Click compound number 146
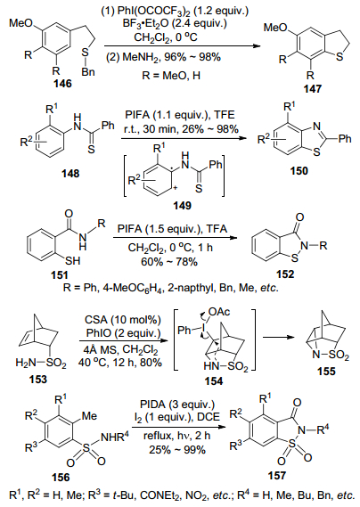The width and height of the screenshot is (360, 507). (62, 84)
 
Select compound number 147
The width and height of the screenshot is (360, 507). (313, 88)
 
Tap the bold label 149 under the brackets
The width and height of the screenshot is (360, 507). (182, 205)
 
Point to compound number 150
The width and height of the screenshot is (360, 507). (299, 170)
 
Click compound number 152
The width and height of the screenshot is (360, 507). (285, 274)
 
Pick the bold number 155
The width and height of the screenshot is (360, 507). (326, 371)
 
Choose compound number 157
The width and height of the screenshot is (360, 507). (277, 475)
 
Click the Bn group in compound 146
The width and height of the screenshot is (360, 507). (88, 71)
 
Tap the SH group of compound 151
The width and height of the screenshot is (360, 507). (72, 260)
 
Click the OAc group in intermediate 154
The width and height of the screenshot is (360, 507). (219, 311)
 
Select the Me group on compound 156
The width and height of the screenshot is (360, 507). (89, 415)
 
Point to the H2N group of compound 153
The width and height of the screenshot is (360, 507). (25, 364)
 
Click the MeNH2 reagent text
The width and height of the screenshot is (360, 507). (141, 57)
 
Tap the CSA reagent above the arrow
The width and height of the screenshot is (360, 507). (95, 320)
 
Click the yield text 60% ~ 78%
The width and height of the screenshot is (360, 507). (169, 261)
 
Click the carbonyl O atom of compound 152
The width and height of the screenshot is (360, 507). (299, 217)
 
